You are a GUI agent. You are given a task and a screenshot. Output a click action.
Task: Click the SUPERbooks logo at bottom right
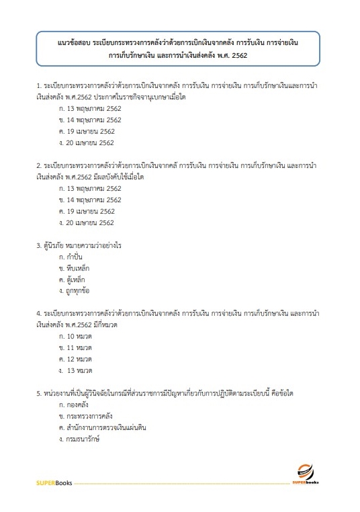310,474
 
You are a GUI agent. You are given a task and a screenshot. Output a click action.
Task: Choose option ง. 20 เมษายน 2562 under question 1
86,142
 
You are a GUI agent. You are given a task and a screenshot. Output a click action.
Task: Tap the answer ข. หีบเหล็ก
74,268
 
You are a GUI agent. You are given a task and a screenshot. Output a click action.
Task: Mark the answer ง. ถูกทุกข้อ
75,291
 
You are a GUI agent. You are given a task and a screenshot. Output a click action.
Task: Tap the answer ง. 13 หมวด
75,370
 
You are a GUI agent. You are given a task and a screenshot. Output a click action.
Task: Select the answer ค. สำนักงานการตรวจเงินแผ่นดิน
102,427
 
